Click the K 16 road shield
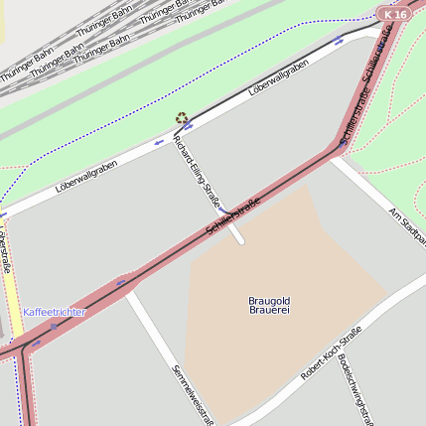click(x=393, y=14)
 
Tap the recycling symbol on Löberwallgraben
click(x=181, y=118)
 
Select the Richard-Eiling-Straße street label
click(x=198, y=175)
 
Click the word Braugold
click(x=269, y=299)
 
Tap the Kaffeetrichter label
click(x=54, y=312)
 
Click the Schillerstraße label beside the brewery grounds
click(x=232, y=216)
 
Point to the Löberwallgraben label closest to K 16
click(x=278, y=76)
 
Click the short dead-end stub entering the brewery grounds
click(x=236, y=234)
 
